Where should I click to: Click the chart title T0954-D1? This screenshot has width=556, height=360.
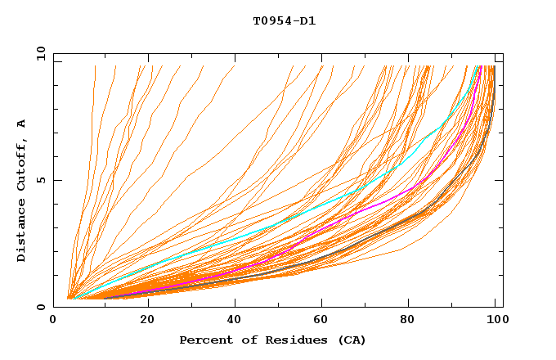[285, 21]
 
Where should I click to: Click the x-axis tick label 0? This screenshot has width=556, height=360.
[54, 320]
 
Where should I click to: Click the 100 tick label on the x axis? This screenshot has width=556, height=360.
[495, 320]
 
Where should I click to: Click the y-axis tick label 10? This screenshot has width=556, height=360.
[39, 53]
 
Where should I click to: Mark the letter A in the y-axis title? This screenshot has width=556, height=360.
[22, 123]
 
